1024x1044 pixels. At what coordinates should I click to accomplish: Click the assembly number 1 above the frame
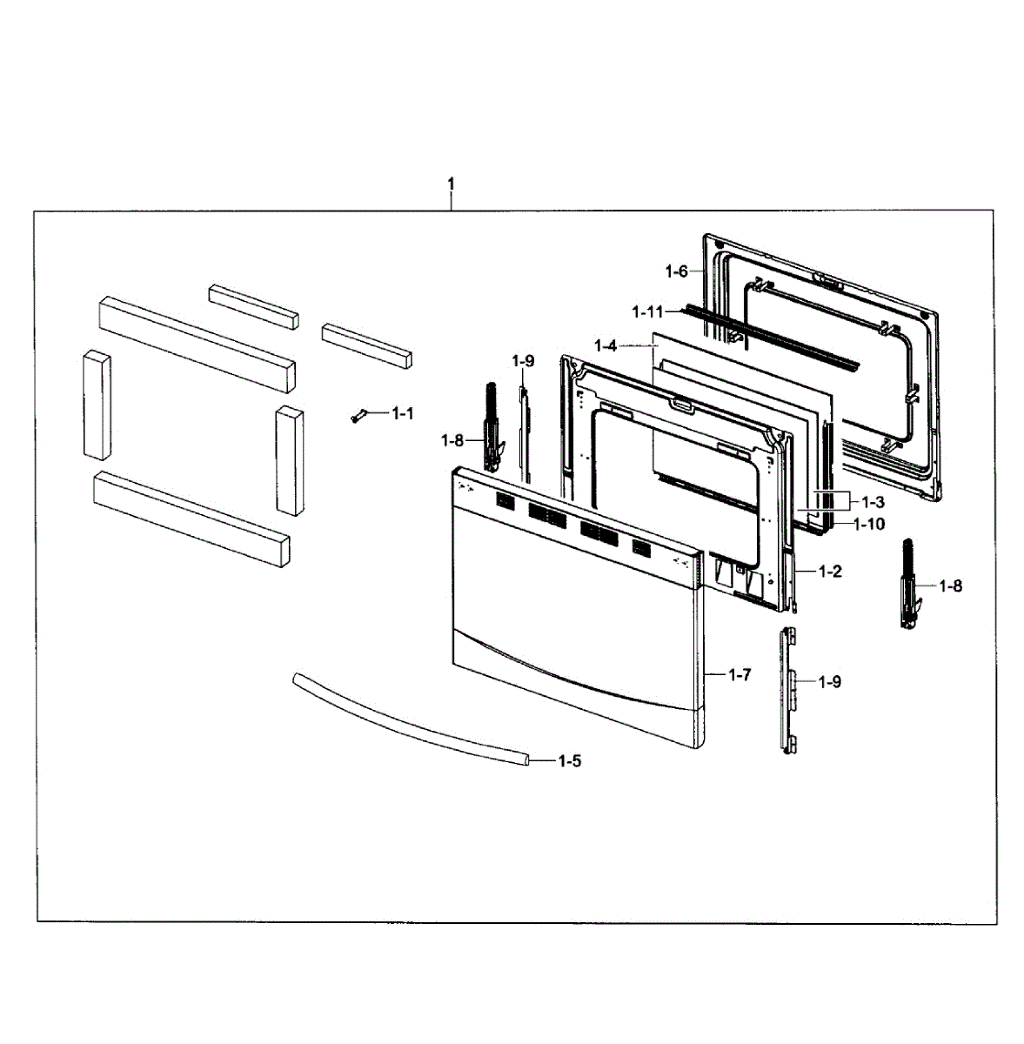pos(451,184)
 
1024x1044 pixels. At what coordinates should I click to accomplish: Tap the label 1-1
pos(402,413)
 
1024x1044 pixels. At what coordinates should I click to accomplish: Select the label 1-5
pos(569,761)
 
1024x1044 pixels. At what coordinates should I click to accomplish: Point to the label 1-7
pos(740,674)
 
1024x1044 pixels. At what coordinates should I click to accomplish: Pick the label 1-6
pos(676,271)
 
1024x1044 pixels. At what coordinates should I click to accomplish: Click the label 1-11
pos(647,311)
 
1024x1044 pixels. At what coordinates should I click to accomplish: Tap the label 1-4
pos(606,346)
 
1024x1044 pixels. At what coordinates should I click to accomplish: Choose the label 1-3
pos(873,502)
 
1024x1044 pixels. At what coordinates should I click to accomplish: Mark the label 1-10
pos(869,524)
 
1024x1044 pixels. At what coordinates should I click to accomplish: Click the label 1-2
pos(830,572)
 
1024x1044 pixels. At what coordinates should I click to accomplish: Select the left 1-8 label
pos(452,441)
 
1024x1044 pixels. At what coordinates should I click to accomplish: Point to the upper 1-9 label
pos(523,360)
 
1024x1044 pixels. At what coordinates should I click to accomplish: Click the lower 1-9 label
pos(830,682)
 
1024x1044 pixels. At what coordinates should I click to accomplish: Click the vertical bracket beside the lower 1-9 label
pos(789,687)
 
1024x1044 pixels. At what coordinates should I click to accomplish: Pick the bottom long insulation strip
pos(191,519)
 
